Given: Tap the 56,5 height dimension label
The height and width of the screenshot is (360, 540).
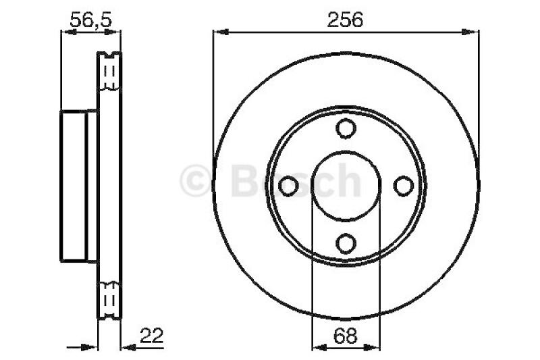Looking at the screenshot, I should click(x=91, y=20).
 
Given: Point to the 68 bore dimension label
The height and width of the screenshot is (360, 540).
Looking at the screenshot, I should click(x=346, y=334).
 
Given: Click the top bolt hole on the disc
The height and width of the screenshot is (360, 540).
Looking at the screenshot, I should click(x=346, y=128).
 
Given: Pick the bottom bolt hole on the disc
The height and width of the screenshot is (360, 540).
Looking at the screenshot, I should click(x=346, y=242).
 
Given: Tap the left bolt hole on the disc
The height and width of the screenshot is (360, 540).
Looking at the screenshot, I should click(x=289, y=185).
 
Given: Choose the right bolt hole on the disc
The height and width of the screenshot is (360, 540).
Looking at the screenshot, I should click(x=403, y=185).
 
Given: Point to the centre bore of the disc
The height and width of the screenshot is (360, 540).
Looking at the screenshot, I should click(x=346, y=185).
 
